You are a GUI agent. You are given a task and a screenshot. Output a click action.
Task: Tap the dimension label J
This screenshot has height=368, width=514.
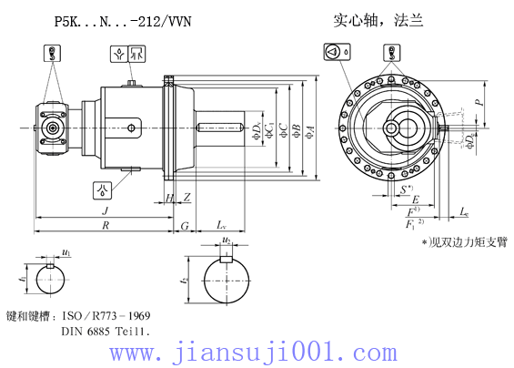[x=105, y=210]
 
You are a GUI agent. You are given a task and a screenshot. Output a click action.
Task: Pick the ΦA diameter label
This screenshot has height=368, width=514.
[x=310, y=133]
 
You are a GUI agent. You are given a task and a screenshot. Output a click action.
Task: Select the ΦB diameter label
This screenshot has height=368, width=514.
[x=297, y=133]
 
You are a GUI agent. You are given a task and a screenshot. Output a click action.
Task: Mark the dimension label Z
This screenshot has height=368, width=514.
[x=186, y=197]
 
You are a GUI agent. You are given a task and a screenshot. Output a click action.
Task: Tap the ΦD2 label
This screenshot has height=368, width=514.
[x=469, y=141]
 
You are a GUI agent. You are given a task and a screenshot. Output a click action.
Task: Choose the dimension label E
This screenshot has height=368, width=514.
[x=415, y=199]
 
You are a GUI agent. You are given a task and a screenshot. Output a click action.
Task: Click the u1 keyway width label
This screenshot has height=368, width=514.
[x=66, y=250]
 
